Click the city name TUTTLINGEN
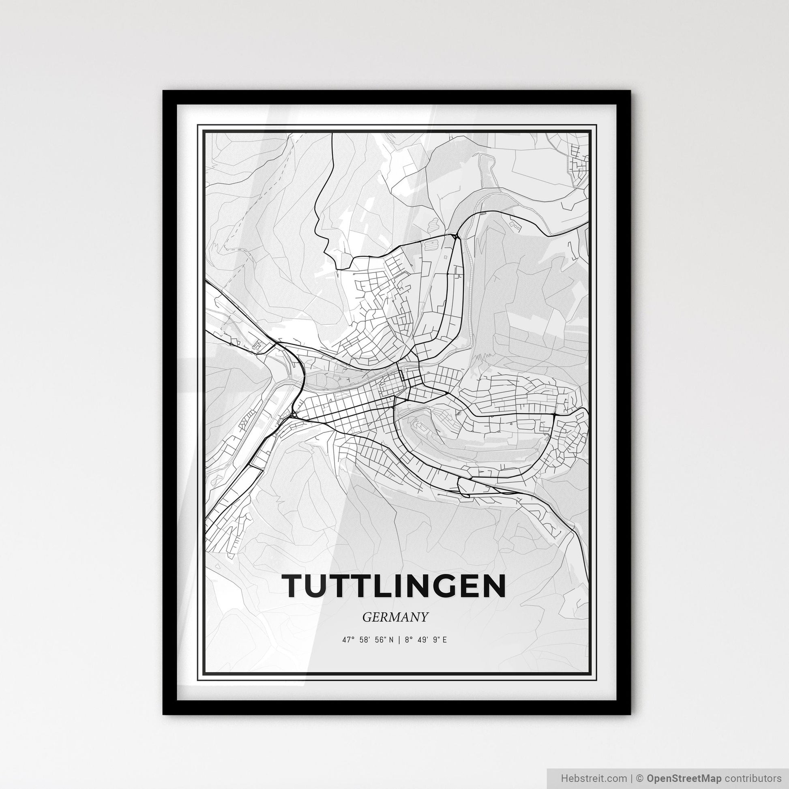[394, 586]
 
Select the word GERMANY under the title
[395, 617]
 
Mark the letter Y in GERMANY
[424, 617]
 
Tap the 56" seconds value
[381, 640]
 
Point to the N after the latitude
[391, 640]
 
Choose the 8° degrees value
[407, 640]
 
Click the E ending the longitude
[444, 640]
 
